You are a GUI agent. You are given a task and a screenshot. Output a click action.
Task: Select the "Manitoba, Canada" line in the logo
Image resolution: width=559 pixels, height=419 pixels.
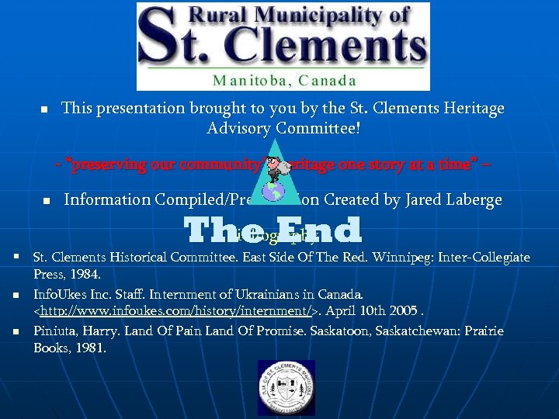[x=284, y=80]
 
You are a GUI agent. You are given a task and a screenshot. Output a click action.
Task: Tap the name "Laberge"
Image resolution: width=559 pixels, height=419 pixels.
[x=470, y=200]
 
